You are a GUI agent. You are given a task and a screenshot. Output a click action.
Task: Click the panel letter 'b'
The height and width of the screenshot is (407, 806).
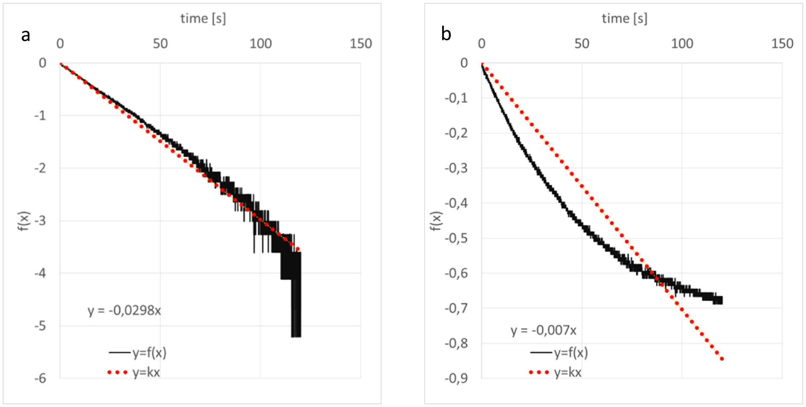click(x=446, y=34)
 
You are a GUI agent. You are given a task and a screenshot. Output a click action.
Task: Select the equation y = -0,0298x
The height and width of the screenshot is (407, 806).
click(x=124, y=310)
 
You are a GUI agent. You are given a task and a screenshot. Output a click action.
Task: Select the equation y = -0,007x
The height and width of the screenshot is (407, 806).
click(x=543, y=330)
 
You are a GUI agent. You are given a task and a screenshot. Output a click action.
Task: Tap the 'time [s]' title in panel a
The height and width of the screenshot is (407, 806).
click(x=203, y=18)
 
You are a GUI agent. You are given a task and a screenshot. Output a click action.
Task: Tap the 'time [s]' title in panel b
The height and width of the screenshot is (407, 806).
click(x=624, y=18)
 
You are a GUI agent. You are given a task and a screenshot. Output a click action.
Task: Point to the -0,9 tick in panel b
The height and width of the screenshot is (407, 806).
click(x=456, y=378)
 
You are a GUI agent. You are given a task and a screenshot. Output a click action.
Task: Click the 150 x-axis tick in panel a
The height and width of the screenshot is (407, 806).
click(x=361, y=44)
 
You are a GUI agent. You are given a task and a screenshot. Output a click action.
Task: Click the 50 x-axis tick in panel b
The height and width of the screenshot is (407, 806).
click(x=582, y=44)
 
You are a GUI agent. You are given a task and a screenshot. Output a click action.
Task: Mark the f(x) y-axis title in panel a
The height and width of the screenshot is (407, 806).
click(x=24, y=221)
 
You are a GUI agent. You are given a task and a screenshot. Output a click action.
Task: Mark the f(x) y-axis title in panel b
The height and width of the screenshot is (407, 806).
click(x=435, y=221)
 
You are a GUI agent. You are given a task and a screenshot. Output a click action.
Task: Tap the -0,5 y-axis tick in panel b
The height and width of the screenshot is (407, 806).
click(x=456, y=238)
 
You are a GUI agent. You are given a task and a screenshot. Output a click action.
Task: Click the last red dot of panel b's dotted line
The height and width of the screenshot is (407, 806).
click(x=722, y=359)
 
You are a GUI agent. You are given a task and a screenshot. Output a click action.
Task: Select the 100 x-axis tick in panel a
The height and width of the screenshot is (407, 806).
click(x=260, y=44)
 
